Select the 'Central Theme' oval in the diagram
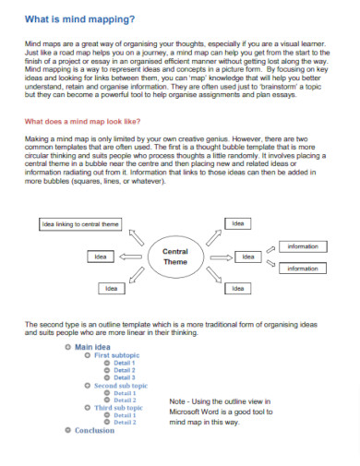pos(175,257)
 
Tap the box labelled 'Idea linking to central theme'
pos(80,224)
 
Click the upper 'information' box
pos(302,246)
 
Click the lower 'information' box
pos(302,268)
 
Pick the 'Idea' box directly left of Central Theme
pos(101,256)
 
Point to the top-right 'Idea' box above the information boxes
pos(238,224)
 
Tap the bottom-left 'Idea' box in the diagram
pos(111,289)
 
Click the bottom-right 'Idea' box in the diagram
pos(238,289)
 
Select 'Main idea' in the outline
pos(92,347)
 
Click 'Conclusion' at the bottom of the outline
pos(94,430)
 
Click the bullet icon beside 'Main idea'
pos(67,347)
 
